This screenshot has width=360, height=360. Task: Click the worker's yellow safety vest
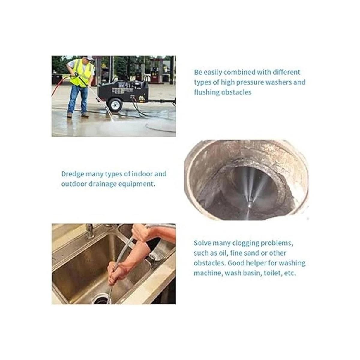pyautogui.click(x=82, y=74)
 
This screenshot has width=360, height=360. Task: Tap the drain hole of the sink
pyautogui.click(x=102, y=299)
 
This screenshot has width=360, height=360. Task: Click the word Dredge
pyautogui.click(x=73, y=174)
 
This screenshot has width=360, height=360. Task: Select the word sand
pyautogui.click(x=259, y=253)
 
